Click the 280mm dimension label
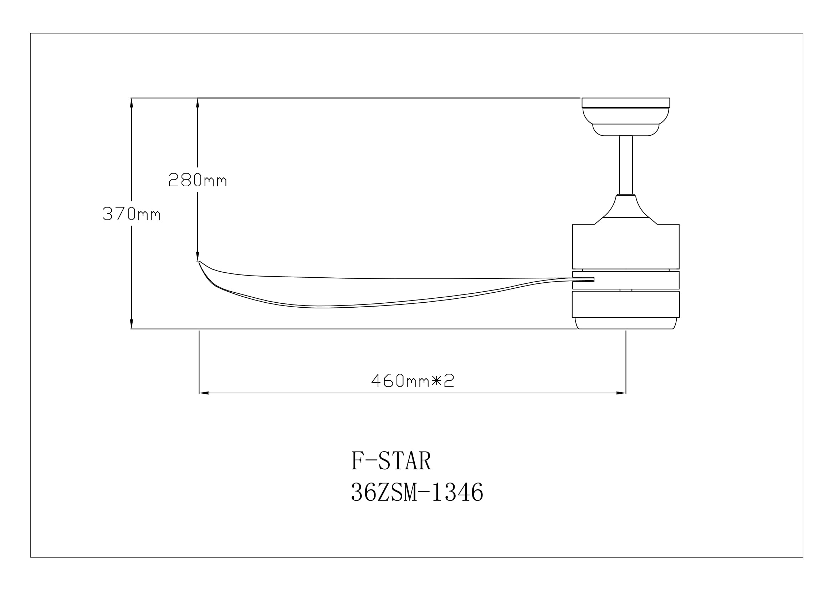pos(198,180)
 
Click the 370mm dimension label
pos(131,214)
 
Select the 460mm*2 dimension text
pos(413,380)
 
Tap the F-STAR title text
pos(391,461)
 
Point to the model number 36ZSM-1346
pos(417,492)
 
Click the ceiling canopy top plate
pos(625,102)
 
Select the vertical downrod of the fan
pos(625,165)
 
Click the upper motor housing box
pos(625,247)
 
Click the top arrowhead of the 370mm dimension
pos(132,102)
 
